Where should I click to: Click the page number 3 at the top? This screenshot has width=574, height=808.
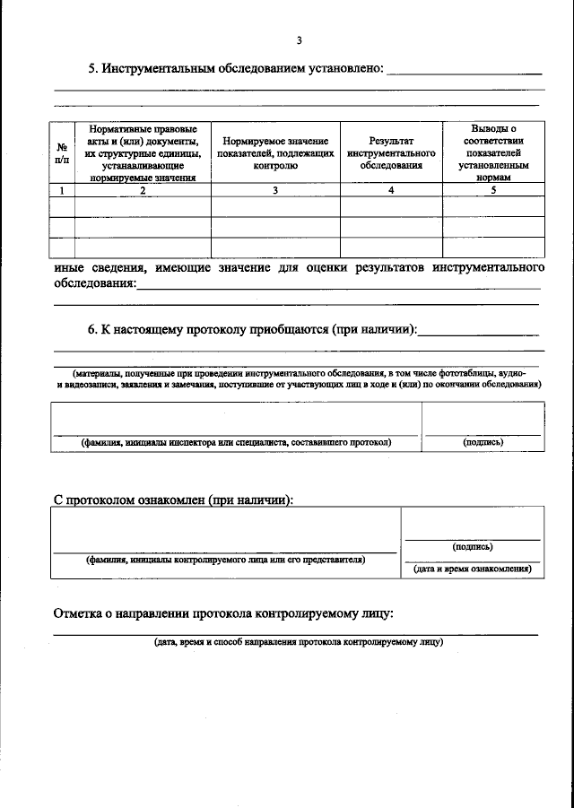tap(299, 39)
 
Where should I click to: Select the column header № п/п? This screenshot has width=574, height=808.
tap(61, 153)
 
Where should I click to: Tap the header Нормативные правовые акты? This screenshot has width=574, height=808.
tap(143, 153)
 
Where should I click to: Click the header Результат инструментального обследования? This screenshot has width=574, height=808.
tap(390, 153)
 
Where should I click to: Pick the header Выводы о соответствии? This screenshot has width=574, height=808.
tap(493, 153)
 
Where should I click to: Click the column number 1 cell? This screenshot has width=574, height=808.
tap(61, 190)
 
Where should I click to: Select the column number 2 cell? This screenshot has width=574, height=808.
tap(143, 190)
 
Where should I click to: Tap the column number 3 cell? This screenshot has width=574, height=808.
tap(275, 190)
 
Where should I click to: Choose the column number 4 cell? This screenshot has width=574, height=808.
tap(390, 190)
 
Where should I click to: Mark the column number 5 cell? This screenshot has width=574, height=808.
tap(493, 190)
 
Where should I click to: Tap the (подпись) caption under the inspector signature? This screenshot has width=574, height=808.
tap(483, 442)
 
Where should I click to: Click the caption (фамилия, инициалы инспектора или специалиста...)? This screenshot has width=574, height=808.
tap(236, 442)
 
